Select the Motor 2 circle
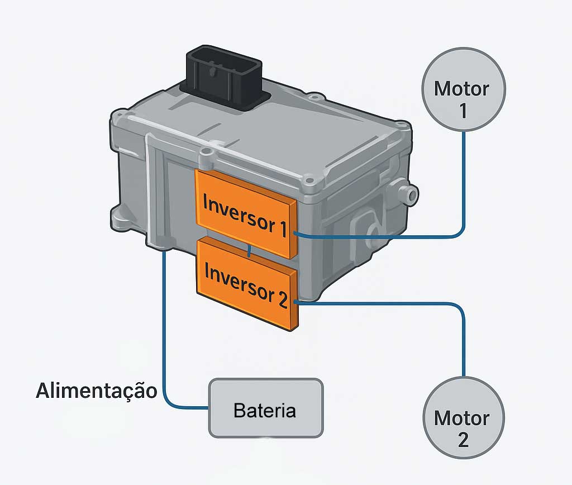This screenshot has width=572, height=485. pos(463,416)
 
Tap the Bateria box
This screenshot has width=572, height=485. pos(265,408)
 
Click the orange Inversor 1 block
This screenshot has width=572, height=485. pos(246,212)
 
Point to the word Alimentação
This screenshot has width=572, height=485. pos(97,390)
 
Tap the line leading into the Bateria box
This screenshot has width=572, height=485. pos(165,335)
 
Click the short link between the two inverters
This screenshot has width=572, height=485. pos(249,251)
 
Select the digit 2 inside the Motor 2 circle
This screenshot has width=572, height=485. pos(463,439)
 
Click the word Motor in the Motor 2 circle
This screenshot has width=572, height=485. pos(461,418)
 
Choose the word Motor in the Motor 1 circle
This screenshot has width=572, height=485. pos(461,88)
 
